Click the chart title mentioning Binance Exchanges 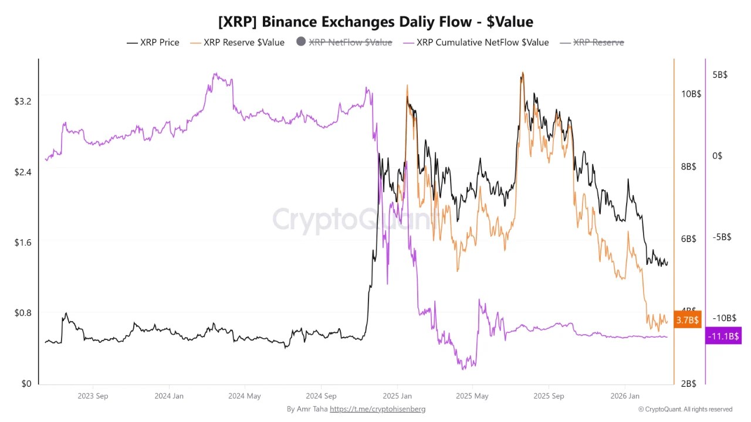coord(375,22)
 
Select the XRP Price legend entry coord(154,42)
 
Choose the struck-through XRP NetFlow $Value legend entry coord(344,42)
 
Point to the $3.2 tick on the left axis coord(23,101)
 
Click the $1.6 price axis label coord(23,242)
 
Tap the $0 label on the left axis coord(26,384)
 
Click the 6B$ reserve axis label coord(688,239)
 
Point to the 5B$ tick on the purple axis coord(720,75)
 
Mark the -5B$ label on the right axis coord(719,237)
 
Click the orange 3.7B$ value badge coord(687,320)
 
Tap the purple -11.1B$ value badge coord(723,336)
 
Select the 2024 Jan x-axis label coord(169,396)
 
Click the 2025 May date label coord(473,396)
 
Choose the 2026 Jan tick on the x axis coord(625,396)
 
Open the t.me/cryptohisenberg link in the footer coord(377,409)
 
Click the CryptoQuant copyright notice coord(685,409)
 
